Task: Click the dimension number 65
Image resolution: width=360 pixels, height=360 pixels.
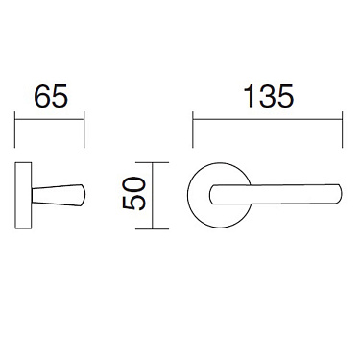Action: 50,98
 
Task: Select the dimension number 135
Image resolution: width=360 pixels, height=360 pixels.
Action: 268,98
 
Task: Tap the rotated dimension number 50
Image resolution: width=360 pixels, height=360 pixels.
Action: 134,195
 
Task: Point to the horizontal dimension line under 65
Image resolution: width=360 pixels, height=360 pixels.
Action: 50,119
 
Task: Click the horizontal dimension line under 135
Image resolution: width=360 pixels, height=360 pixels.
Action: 268,119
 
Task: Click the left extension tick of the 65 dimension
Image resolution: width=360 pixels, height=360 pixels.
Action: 16,130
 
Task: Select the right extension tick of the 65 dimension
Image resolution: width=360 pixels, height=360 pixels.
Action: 84,130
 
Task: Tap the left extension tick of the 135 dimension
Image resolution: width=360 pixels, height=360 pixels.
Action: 193,130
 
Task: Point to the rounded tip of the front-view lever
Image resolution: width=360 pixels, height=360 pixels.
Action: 339,194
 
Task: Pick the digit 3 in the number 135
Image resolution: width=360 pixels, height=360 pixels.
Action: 268,98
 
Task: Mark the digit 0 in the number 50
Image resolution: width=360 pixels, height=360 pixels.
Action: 134,185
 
